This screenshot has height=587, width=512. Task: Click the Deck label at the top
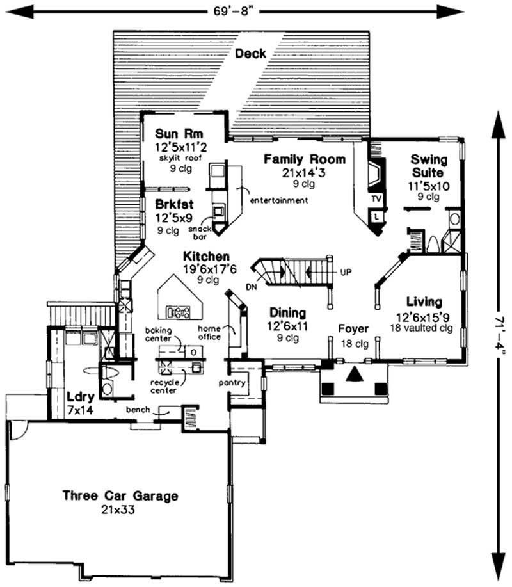pyautogui.click(x=250, y=54)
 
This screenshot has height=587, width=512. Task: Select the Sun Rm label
pyautogui.click(x=178, y=134)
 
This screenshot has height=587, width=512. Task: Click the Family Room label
pyautogui.click(x=305, y=159)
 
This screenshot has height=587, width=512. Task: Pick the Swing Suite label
pyautogui.click(x=429, y=165)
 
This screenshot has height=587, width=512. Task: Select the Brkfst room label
pyautogui.click(x=175, y=205)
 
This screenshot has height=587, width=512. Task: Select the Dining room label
pyautogui.click(x=287, y=313)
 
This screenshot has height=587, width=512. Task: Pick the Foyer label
pyautogui.click(x=353, y=329)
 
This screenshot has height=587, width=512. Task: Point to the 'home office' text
pyautogui.click(x=209, y=332)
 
